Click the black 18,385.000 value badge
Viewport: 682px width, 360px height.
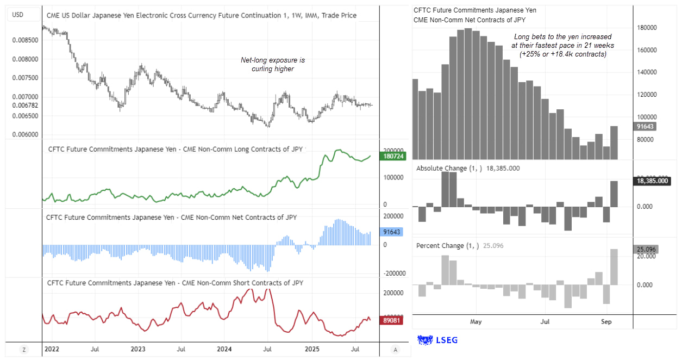point(652,181)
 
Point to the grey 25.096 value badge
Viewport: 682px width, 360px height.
point(647,250)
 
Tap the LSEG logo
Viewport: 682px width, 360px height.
point(437,340)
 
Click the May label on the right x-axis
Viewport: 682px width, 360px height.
point(476,322)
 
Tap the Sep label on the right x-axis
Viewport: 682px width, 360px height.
point(606,322)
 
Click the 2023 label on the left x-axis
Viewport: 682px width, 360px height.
point(138,349)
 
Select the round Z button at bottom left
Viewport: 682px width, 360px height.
point(23,349)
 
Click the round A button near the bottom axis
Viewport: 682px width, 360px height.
point(395,349)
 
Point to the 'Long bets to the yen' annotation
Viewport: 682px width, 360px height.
point(562,46)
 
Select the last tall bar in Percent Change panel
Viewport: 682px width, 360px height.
point(615,267)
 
